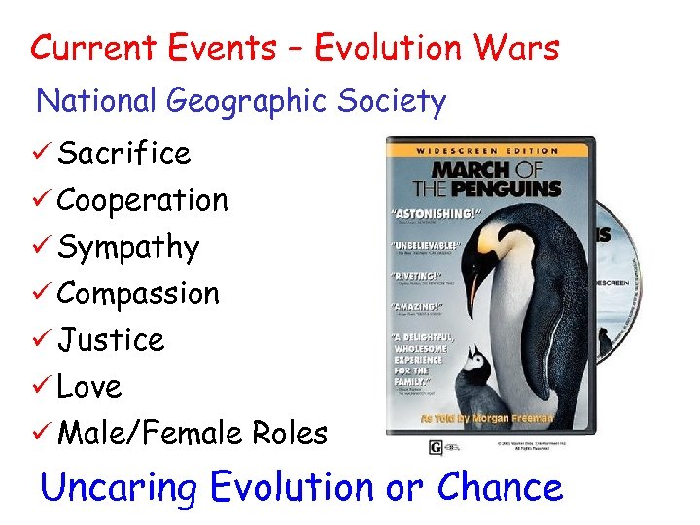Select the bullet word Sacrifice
(123, 153)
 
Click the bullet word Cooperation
(142, 200)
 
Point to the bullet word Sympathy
(127, 247)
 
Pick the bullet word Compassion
(138, 294)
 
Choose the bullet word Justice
(111, 340)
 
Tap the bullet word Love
(89, 387)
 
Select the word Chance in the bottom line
(500, 486)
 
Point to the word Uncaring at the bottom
(121, 486)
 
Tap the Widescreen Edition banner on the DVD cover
(489, 151)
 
